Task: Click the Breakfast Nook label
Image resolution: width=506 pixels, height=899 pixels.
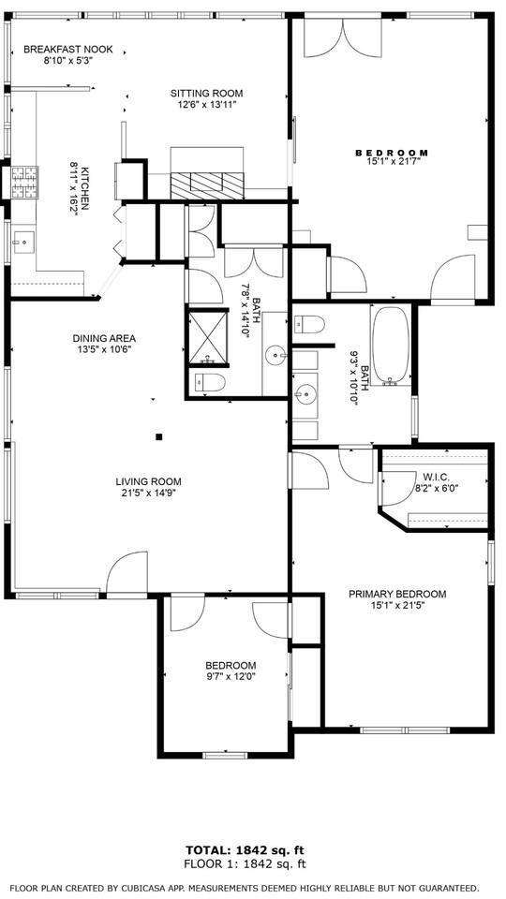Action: (x=68, y=50)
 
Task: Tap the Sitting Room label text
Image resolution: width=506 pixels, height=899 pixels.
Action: (x=206, y=94)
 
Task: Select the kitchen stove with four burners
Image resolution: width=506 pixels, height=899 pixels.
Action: (x=24, y=183)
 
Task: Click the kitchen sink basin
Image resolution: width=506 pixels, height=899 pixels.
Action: (x=23, y=243)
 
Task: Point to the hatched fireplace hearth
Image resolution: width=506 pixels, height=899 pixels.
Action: (x=207, y=185)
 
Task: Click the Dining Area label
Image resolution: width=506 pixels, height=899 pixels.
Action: (x=104, y=338)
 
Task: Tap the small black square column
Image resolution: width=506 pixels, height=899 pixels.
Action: (x=159, y=437)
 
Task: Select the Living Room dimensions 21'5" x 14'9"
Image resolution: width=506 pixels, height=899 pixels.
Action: (x=148, y=493)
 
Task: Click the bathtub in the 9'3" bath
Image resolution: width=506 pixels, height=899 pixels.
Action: (x=392, y=346)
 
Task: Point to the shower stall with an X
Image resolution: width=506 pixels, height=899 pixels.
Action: (x=208, y=336)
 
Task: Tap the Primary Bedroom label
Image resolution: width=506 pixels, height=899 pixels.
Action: (x=397, y=594)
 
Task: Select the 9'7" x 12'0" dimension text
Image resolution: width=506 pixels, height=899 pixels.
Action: (x=231, y=676)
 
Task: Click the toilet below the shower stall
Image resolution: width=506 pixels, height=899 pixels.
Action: (x=210, y=382)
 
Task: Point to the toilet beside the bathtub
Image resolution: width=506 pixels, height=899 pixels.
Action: (x=309, y=325)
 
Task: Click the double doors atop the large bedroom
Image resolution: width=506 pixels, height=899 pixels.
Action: (x=343, y=37)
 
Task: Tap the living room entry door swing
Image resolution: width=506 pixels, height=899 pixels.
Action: (x=127, y=572)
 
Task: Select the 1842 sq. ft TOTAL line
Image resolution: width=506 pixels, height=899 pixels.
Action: (x=246, y=849)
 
